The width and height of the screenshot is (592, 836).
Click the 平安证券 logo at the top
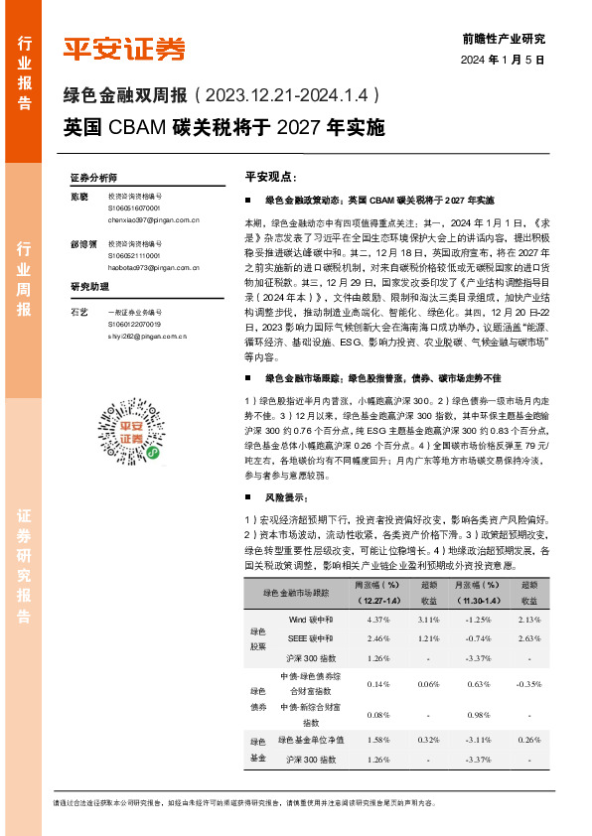[124, 48]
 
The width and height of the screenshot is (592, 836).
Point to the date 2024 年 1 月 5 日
[504, 60]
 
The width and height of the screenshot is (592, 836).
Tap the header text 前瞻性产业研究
[504, 39]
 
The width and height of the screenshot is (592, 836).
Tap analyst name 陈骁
[79, 197]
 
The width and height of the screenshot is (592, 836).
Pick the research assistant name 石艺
[79, 313]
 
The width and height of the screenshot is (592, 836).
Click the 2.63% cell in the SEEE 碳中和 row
[528, 637]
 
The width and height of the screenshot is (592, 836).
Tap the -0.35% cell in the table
[528, 685]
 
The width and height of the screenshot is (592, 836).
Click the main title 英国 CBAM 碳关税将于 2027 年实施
[223, 128]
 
